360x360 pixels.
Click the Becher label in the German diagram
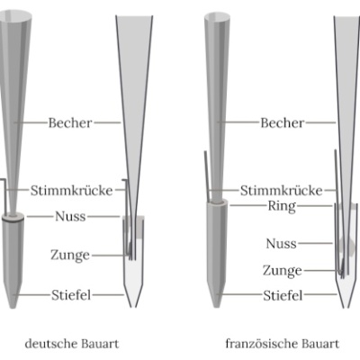tap(70, 122)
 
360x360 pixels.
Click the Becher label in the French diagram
tap(283, 122)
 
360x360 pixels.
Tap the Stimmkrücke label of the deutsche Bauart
tap(71, 190)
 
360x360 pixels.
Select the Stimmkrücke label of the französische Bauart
tap(281, 190)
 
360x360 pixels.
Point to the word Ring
tap(282, 207)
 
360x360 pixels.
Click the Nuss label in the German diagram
tap(70, 216)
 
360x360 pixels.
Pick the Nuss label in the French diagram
tap(281, 243)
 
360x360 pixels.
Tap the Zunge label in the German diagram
tap(70, 256)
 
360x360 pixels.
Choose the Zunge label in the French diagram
tap(283, 271)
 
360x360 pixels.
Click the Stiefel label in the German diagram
tap(71, 295)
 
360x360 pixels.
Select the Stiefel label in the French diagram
tap(283, 295)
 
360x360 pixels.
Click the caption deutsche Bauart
tap(72, 344)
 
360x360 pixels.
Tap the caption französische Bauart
tap(283, 344)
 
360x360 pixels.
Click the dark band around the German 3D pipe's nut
tap(13, 220)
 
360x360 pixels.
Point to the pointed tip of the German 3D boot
tap(13, 308)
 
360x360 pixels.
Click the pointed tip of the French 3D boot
tap(217, 307)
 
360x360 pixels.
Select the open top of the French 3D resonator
tap(218, 17)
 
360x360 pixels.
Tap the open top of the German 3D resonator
tap(15, 15)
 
